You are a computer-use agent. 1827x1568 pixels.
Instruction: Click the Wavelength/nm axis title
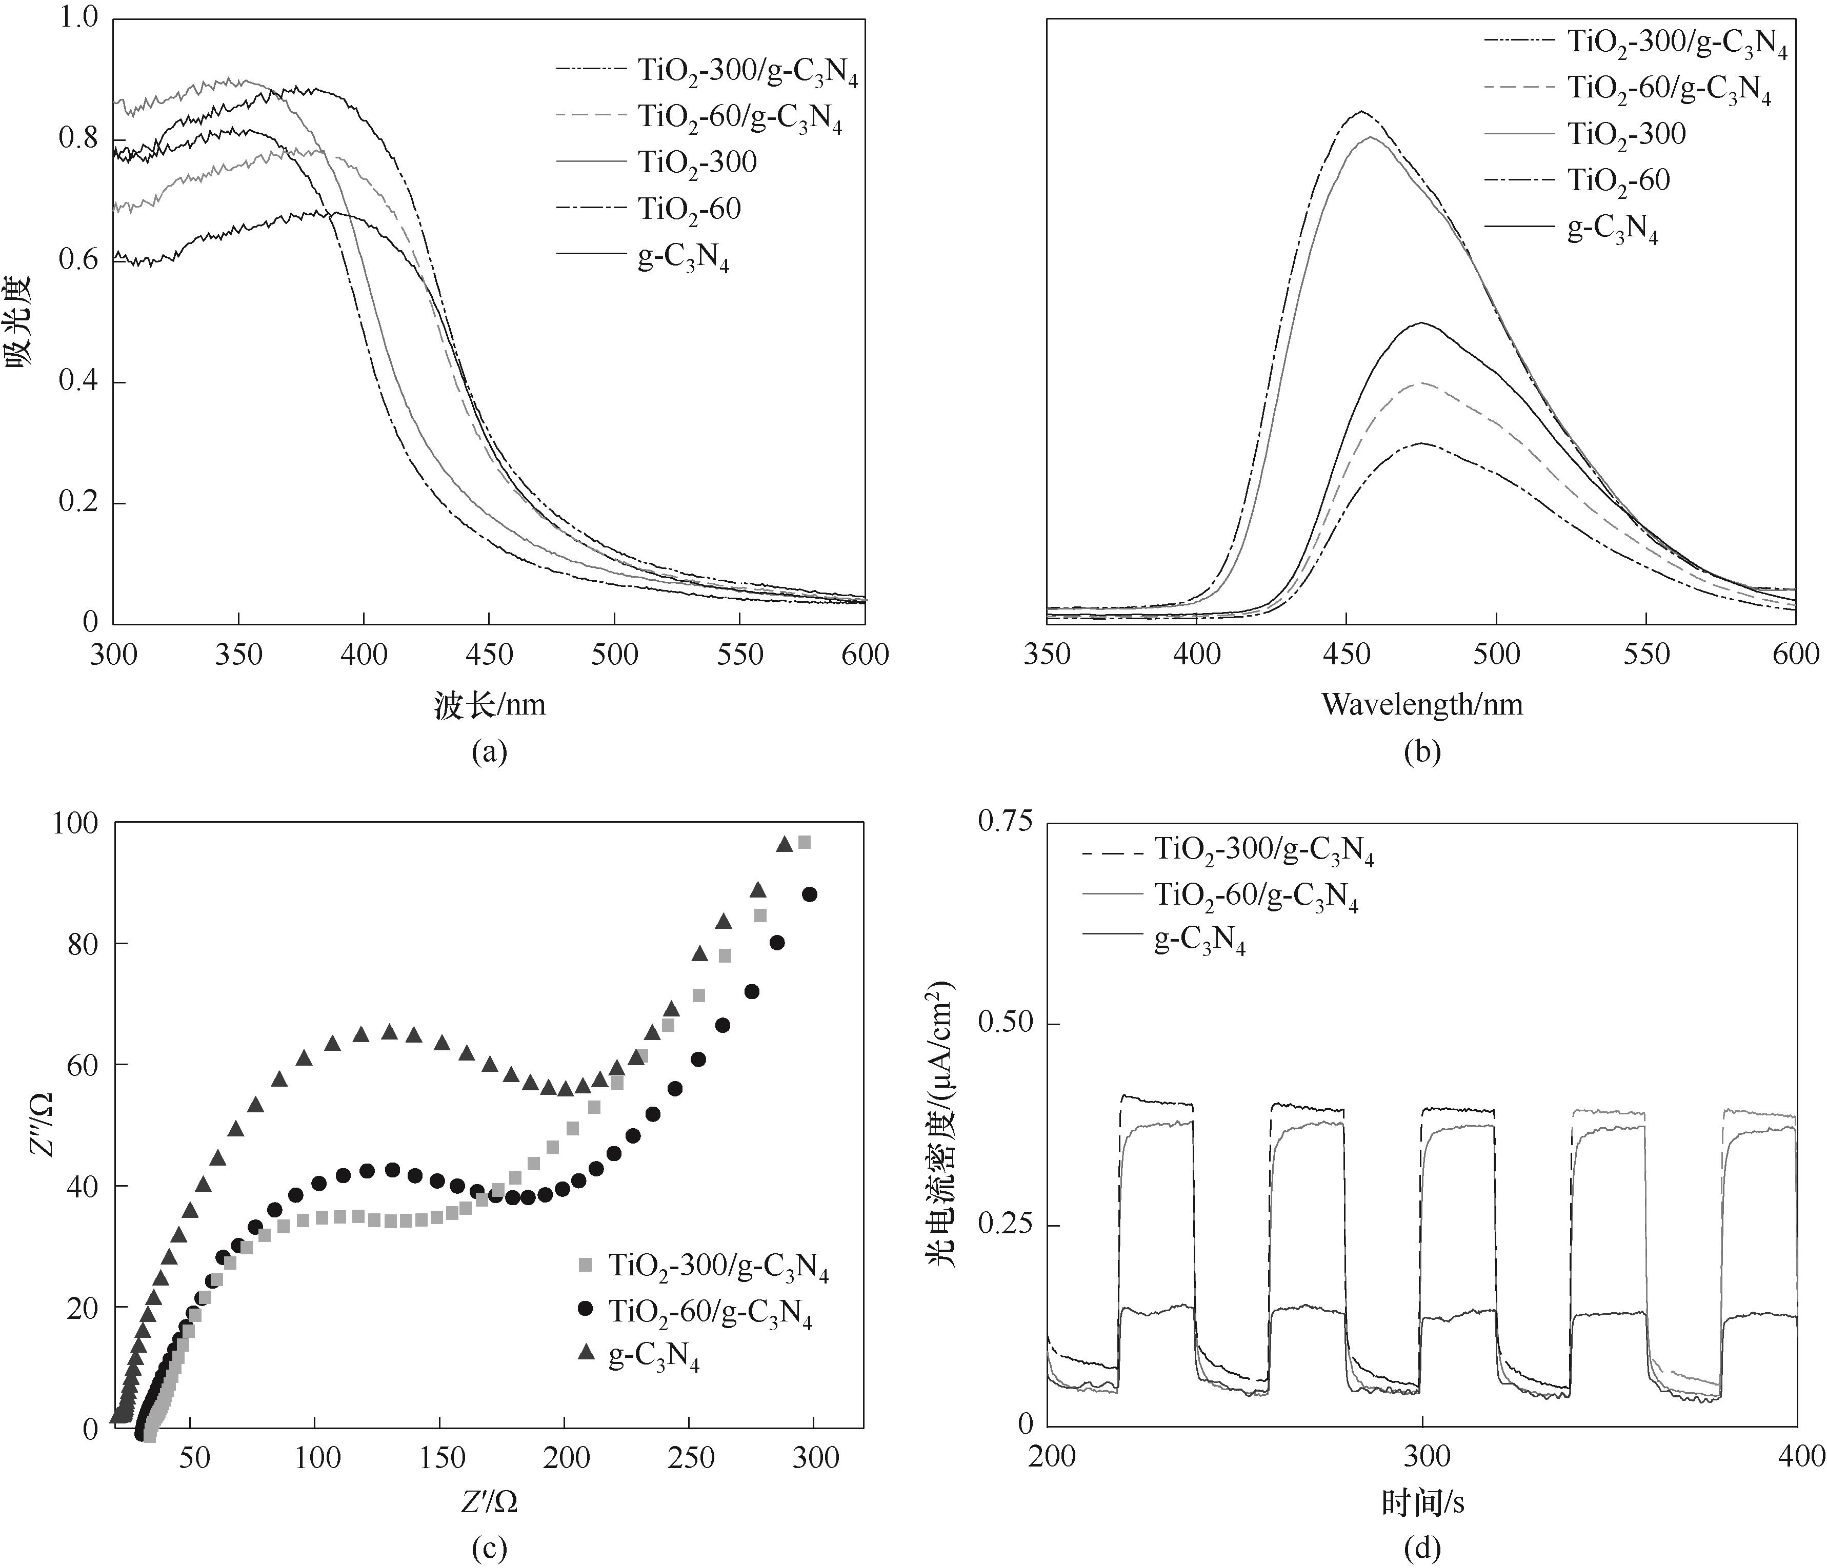[1421, 704]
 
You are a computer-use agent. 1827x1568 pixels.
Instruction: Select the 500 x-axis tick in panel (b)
[1496, 655]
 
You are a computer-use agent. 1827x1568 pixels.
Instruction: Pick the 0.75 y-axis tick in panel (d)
[1005, 822]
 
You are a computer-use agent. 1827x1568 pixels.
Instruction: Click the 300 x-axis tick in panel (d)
[1421, 1455]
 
